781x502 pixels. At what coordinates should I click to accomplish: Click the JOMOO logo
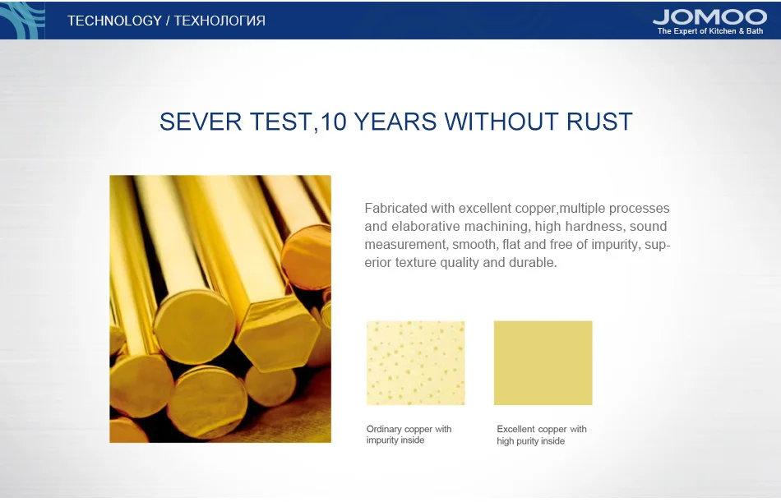(x=709, y=17)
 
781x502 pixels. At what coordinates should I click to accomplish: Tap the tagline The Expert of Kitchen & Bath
(x=710, y=31)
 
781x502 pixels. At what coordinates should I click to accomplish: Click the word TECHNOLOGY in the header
(x=114, y=21)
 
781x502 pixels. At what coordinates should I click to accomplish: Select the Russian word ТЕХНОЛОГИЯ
(x=220, y=21)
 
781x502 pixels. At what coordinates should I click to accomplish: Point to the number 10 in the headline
(x=333, y=122)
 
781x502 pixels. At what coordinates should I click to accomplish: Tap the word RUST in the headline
(x=599, y=122)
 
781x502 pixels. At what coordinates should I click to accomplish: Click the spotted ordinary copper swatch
(x=416, y=363)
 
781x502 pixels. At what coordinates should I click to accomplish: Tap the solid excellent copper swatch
(x=543, y=363)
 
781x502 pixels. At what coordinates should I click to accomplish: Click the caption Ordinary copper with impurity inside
(x=409, y=435)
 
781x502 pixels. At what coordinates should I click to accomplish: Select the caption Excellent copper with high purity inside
(x=542, y=435)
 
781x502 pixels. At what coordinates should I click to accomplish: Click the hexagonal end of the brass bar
(x=277, y=334)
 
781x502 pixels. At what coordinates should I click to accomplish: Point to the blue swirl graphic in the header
(x=22, y=20)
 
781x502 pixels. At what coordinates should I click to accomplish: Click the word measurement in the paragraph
(x=405, y=245)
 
